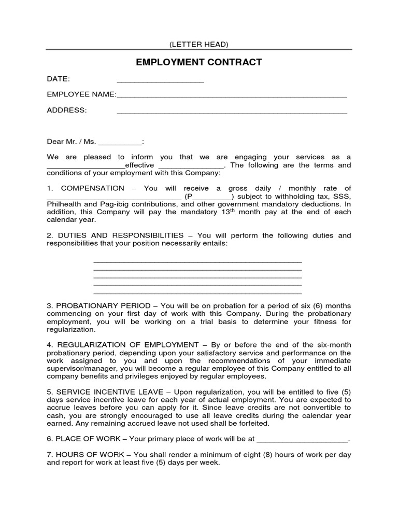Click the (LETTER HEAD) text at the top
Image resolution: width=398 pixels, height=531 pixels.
pyautogui.click(x=199, y=45)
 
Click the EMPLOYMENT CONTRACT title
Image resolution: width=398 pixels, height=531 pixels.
pyautogui.click(x=199, y=63)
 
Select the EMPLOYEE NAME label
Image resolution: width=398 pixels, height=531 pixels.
pyautogui.click(x=80, y=94)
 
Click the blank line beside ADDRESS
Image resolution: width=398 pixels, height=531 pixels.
pyautogui.click(x=232, y=111)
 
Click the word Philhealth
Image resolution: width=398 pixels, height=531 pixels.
pyautogui.click(x=63, y=204)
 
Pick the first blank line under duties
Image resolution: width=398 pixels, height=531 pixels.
pyautogui.click(x=197, y=261)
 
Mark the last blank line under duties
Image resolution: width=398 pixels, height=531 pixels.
pyautogui.click(x=197, y=292)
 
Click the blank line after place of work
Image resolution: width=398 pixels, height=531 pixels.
pyautogui.click(x=302, y=439)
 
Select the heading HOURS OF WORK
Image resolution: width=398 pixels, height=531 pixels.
pyautogui.click(x=87, y=455)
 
